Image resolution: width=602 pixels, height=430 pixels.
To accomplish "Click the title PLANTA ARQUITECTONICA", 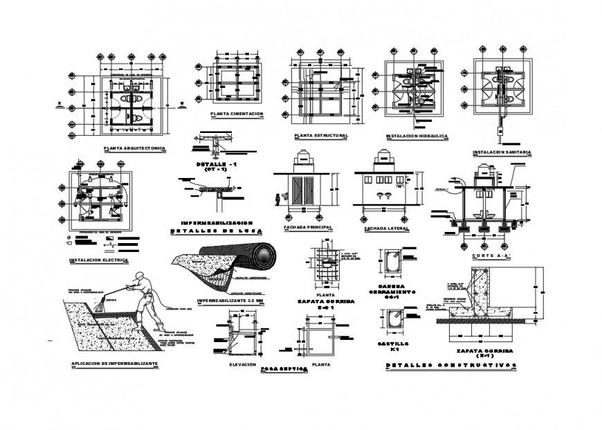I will point(134,148).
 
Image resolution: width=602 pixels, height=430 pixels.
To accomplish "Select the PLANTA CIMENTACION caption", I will point(237,113).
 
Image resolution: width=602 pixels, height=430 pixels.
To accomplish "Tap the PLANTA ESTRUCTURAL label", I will point(320,136).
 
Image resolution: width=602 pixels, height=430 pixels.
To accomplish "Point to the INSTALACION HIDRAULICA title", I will point(417,136).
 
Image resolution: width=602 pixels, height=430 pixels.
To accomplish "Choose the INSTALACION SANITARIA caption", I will point(502,152).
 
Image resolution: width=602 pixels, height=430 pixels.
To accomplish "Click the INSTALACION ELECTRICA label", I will point(100,260).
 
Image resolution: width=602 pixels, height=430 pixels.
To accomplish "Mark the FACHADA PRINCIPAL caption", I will point(308,227).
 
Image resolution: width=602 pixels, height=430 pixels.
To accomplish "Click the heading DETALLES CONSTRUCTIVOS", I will point(450,364).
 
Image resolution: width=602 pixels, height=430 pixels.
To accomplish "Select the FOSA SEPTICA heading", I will point(284,369).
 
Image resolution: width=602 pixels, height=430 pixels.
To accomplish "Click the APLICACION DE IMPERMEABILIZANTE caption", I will point(115,364).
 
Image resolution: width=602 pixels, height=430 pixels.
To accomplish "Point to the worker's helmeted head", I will point(143,276).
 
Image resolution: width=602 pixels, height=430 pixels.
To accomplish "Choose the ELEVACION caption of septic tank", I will point(243,364).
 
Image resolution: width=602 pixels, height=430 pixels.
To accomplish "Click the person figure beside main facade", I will point(277,199).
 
